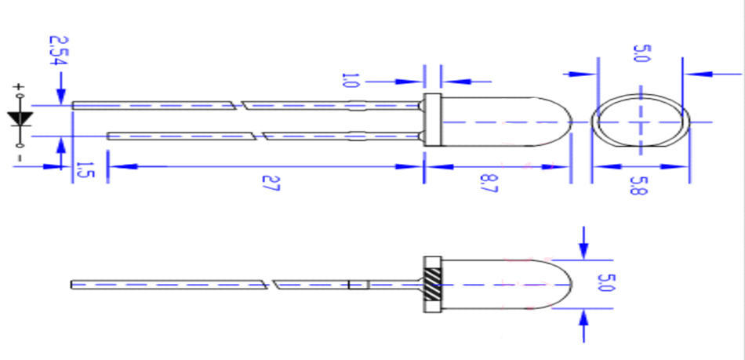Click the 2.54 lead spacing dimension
59,51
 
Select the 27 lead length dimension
271,184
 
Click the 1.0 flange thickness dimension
349,81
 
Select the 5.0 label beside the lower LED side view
603,282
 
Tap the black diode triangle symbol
20,118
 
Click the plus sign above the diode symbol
19,87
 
